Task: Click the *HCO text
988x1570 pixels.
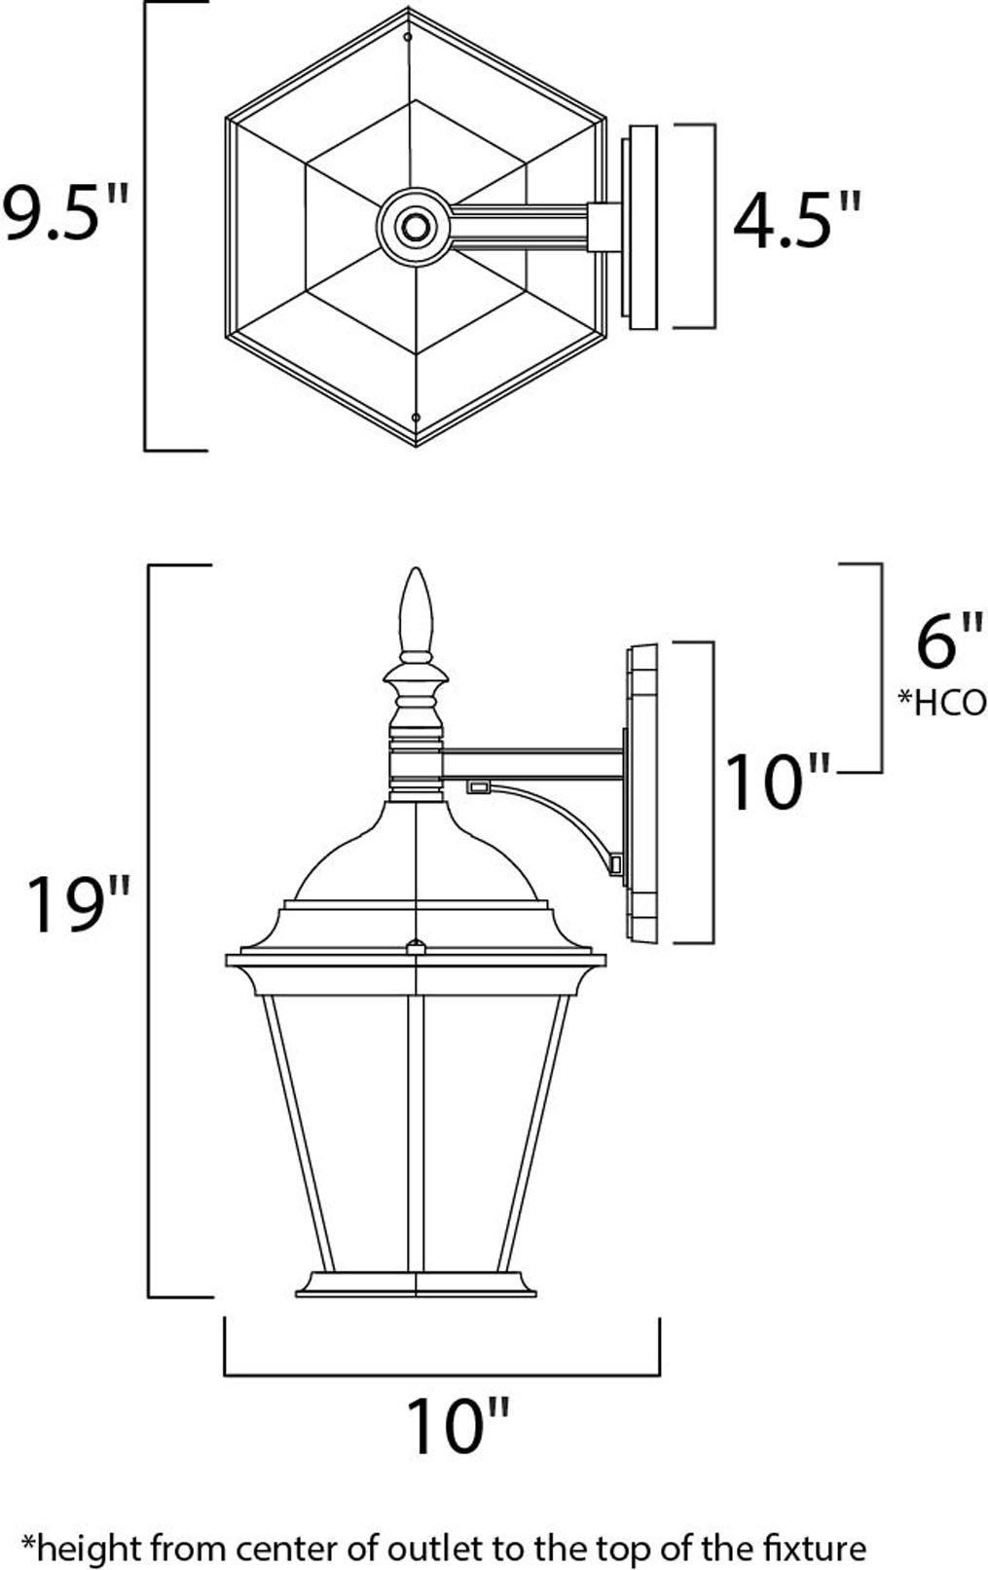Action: pos(940,702)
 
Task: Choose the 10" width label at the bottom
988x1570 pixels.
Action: pos(457,1426)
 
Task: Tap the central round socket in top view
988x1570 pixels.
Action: pos(415,228)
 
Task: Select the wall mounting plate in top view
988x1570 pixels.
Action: pos(640,227)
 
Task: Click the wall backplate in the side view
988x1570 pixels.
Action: pos(642,793)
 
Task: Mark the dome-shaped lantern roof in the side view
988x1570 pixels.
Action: pos(416,852)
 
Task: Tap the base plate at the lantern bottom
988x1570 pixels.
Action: pos(416,1285)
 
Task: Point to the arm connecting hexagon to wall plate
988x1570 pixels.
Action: pos(521,228)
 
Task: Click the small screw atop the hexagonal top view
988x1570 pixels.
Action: pos(407,37)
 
